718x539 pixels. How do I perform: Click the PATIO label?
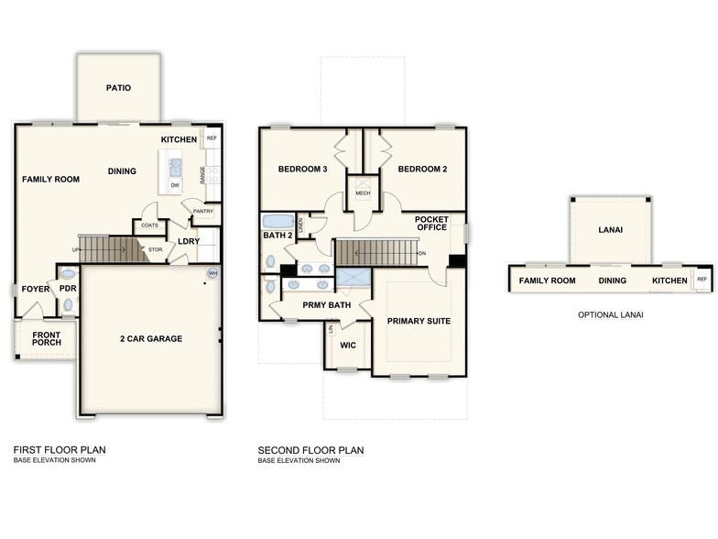tap(118, 88)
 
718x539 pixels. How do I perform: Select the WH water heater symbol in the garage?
tap(212, 273)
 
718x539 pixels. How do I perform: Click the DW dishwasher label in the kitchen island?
tap(174, 185)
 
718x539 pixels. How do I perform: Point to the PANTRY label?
tap(203, 211)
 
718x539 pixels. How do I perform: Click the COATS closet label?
tap(149, 225)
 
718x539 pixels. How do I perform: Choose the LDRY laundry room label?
tap(189, 241)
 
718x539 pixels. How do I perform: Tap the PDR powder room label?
tap(68, 288)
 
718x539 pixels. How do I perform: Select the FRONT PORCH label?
tap(46, 340)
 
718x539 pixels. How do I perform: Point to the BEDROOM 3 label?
tap(302, 169)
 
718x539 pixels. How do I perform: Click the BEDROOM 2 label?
tap(422, 169)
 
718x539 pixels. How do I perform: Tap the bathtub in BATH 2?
tap(278, 221)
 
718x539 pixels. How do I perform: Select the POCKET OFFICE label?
tap(431, 224)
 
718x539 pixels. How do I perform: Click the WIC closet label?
tap(348, 346)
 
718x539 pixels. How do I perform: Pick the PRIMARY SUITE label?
tap(418, 321)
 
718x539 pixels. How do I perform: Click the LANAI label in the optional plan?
tap(610, 230)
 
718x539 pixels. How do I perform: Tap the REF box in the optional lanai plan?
tap(702, 280)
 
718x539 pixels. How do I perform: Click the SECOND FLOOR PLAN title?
tap(310, 450)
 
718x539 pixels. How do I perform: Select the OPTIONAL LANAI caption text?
tap(610, 314)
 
